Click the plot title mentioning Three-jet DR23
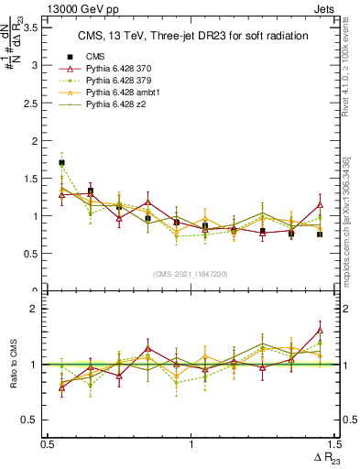tap(187, 36)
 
